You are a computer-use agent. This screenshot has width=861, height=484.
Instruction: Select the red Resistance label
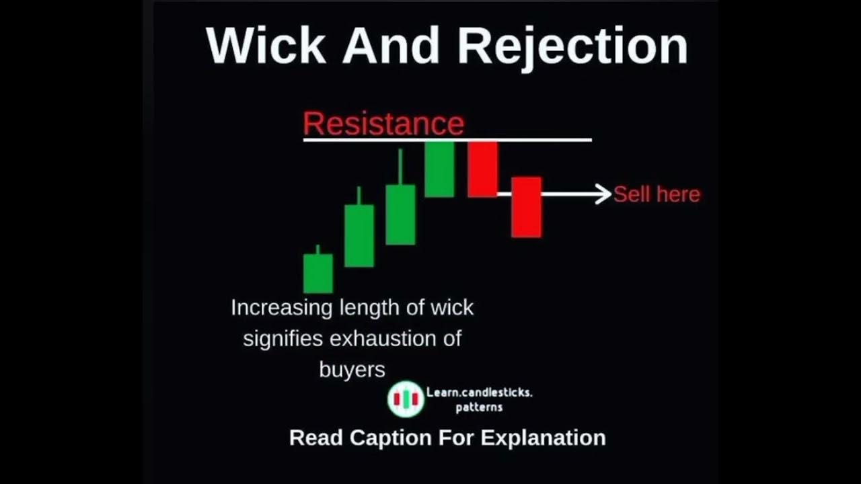coord(383,124)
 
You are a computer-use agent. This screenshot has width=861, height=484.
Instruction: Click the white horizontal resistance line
coord(538,140)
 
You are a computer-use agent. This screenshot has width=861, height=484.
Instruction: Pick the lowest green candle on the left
coord(317,273)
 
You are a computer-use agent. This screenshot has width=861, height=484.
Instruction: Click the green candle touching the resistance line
coord(439,169)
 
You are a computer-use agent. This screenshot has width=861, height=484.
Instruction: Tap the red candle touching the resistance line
coord(482,169)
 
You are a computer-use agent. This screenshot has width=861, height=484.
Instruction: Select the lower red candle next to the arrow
coord(526,207)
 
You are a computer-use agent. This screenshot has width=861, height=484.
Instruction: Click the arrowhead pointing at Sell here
coord(604,194)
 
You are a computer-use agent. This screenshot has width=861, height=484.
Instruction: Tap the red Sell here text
coord(657,194)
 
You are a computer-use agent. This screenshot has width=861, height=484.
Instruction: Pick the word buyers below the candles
coord(352,369)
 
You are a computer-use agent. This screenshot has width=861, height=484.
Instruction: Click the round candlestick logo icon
coord(406,399)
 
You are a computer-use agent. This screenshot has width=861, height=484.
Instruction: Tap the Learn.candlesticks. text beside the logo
coord(478,392)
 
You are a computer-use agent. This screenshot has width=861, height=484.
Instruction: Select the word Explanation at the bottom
coord(544,438)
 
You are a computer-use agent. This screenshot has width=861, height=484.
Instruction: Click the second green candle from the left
coord(359,235)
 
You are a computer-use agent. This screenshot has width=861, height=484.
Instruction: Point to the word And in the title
coord(389,46)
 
